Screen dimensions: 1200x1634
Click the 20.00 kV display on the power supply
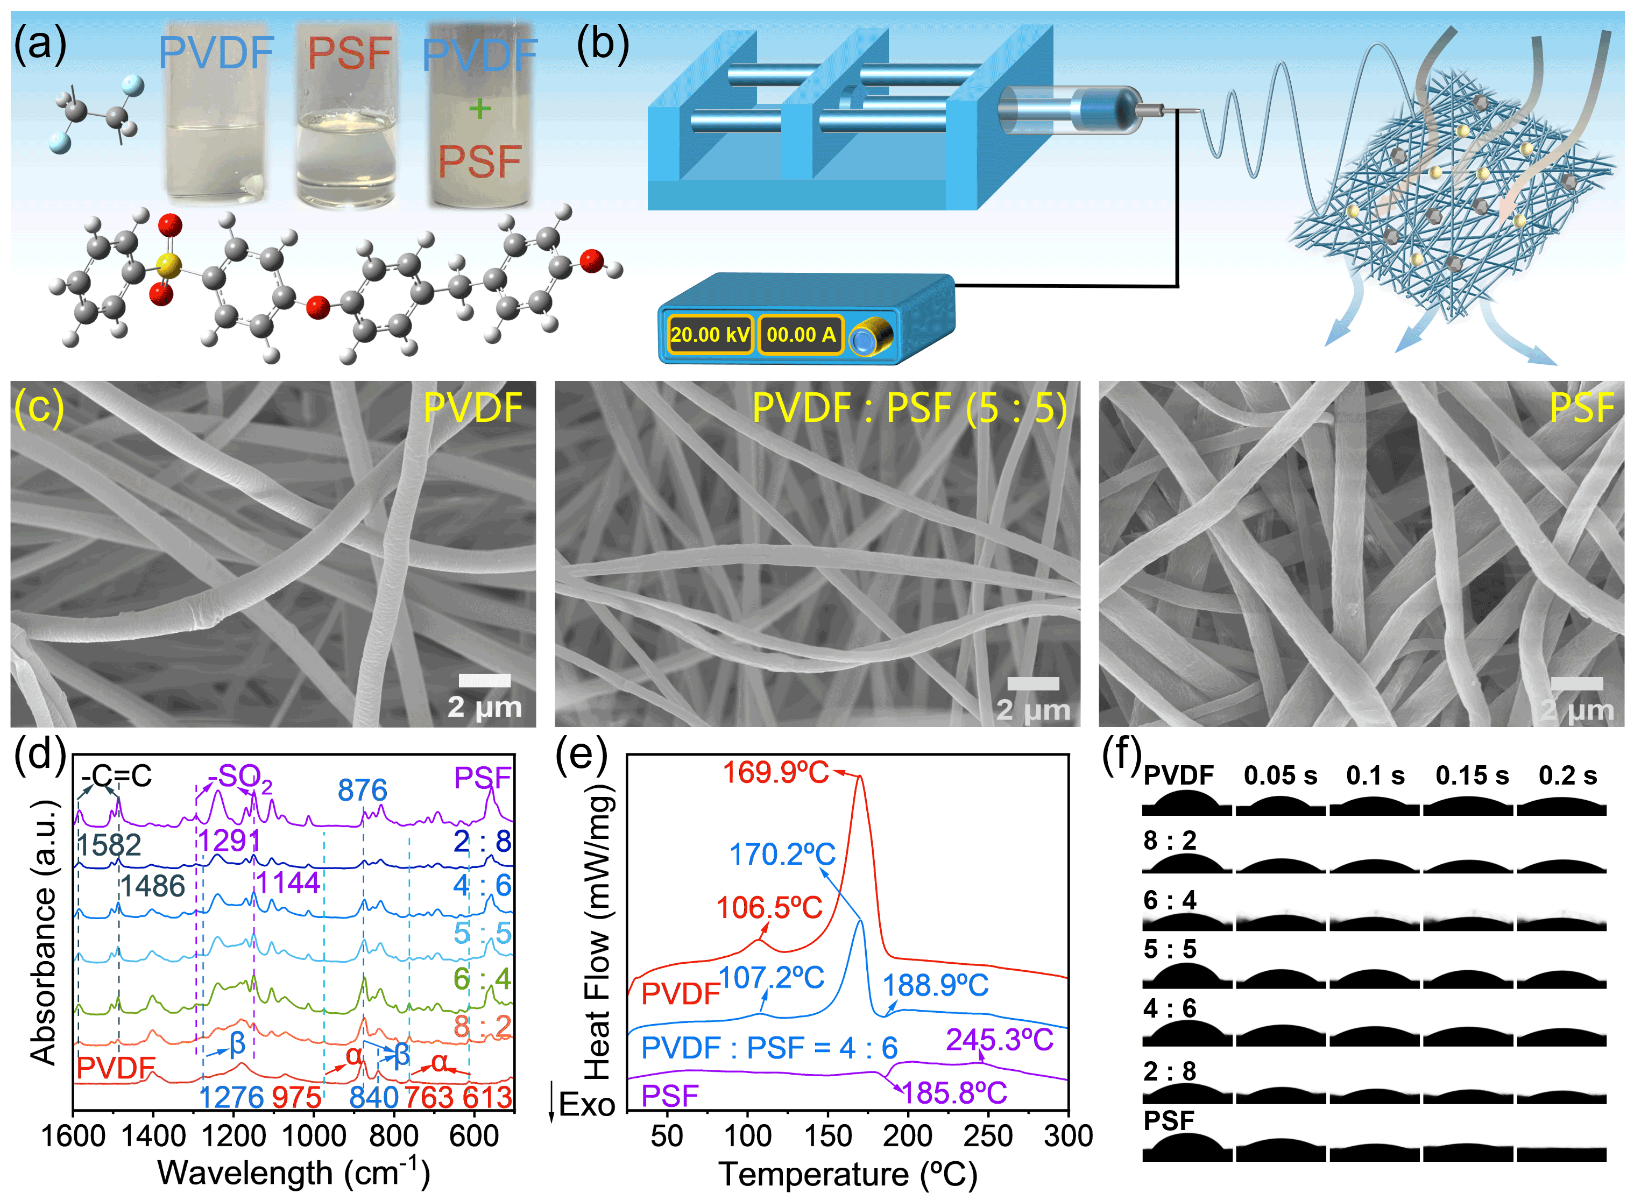710,335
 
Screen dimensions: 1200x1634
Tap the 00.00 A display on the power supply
800,335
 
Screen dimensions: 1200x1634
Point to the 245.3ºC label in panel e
999,1040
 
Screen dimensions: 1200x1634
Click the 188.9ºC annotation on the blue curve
936,986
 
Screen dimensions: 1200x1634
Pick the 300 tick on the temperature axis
1067,1136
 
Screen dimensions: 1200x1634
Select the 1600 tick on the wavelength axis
73,1136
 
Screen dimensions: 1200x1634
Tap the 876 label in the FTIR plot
363,790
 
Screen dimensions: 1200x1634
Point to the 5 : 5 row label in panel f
1169,949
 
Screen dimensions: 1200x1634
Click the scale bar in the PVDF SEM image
484,681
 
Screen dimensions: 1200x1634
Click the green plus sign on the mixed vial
479,109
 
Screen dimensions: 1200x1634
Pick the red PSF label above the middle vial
349,53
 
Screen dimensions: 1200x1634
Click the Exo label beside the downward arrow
587,1105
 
